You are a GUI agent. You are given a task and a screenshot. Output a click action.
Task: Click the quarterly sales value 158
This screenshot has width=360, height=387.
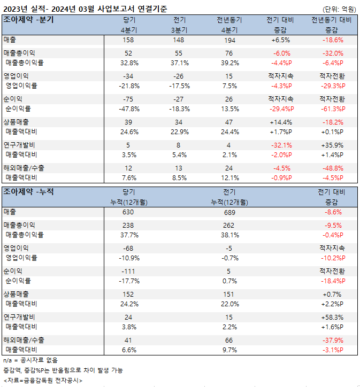tap(128, 40)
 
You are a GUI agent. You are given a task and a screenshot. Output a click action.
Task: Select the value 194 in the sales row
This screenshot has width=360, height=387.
tap(229, 40)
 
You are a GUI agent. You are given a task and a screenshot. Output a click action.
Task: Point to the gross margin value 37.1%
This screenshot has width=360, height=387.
tap(179, 63)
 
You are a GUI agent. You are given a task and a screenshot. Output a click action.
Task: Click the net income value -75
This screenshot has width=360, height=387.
tap(128, 99)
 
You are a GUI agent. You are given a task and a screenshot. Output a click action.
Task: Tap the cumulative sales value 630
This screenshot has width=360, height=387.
tap(128, 212)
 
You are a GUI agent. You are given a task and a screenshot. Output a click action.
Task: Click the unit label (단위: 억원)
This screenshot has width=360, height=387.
tap(339, 9)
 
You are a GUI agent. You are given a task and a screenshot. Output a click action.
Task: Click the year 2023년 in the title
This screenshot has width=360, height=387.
tap(16, 8)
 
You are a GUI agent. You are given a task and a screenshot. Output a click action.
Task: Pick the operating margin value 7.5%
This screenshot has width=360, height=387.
tap(229, 86)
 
